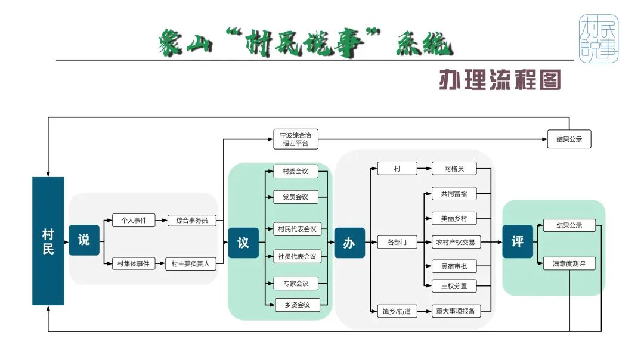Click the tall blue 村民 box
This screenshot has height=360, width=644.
[48, 241]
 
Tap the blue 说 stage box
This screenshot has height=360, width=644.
[84, 240]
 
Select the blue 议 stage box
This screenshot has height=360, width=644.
[243, 243]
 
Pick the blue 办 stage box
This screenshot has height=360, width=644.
[349, 243]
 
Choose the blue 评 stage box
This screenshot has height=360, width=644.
[517, 241]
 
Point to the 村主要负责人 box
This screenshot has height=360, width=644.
[190, 263]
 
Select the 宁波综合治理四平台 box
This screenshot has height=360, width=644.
[296, 139]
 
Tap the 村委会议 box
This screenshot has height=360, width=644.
[296, 172]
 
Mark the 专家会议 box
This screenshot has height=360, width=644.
[296, 283]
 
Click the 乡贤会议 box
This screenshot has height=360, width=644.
[296, 305]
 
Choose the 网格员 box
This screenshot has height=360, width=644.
[454, 169]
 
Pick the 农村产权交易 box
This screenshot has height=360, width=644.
[454, 243]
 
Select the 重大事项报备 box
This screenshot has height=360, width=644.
[454, 311]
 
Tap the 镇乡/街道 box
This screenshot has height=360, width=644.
[397, 311]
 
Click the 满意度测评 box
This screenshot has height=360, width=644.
[569, 263]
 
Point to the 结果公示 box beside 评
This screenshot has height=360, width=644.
[569, 225]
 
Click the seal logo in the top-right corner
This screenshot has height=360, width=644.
[599, 39]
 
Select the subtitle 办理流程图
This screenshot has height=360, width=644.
[500, 80]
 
